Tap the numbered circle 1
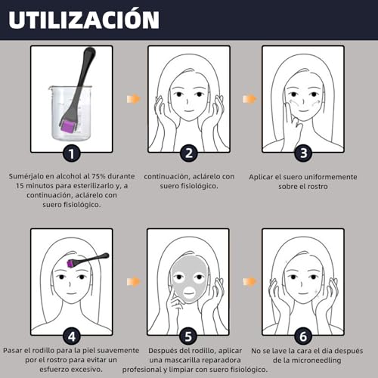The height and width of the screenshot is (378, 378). click(71, 153)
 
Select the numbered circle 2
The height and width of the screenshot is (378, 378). click(188, 153)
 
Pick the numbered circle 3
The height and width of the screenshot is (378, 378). click(302, 153)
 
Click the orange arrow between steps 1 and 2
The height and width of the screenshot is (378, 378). click(134, 99)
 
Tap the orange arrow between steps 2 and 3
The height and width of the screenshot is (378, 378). click(247, 99)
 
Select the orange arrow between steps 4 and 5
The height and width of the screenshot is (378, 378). click(134, 281)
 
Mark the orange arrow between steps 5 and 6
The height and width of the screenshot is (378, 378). click(247, 281)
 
